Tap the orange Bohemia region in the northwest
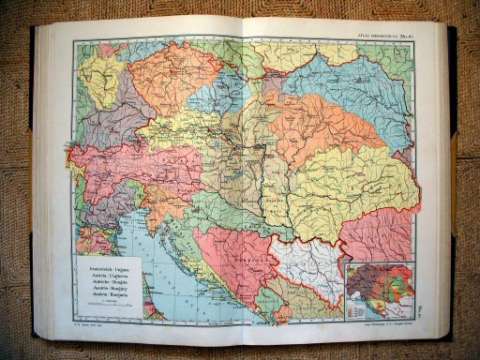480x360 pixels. pyautogui.click(x=164, y=80)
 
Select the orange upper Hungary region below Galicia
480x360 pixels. pyautogui.click(x=309, y=122)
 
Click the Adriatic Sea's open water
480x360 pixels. pyautogui.click(x=164, y=272)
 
